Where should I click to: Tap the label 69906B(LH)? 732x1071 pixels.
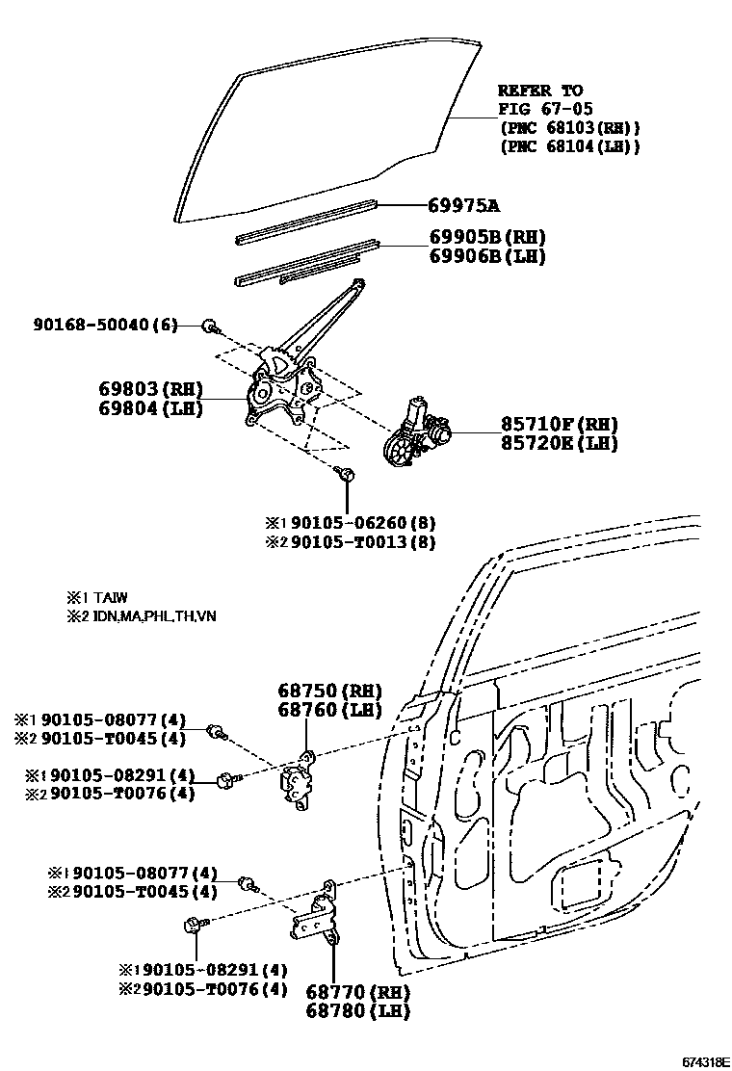[487, 256]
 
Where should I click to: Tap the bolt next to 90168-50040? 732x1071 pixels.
[210, 327]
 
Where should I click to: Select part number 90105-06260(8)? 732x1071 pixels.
[363, 523]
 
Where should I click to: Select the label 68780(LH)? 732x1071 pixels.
[358, 1011]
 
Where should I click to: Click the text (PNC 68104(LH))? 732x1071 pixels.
[569, 146]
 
